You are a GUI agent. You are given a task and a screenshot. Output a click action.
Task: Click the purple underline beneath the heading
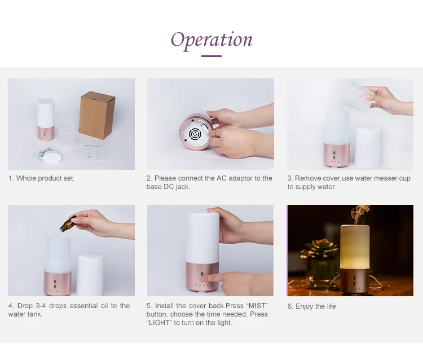pos(211,56)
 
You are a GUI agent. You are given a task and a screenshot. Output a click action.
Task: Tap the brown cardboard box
pos(97,115)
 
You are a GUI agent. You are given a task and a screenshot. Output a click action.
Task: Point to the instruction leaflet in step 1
pos(93,151)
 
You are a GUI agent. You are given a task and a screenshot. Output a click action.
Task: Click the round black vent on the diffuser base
pos(194,134)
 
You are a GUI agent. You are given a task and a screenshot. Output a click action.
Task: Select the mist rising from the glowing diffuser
pos(359,214)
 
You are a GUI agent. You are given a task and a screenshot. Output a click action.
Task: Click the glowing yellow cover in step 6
pos(355,247)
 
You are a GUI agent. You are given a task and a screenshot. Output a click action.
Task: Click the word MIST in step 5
pos(257,306)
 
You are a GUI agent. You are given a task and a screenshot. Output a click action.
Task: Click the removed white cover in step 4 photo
pos(90,275)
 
